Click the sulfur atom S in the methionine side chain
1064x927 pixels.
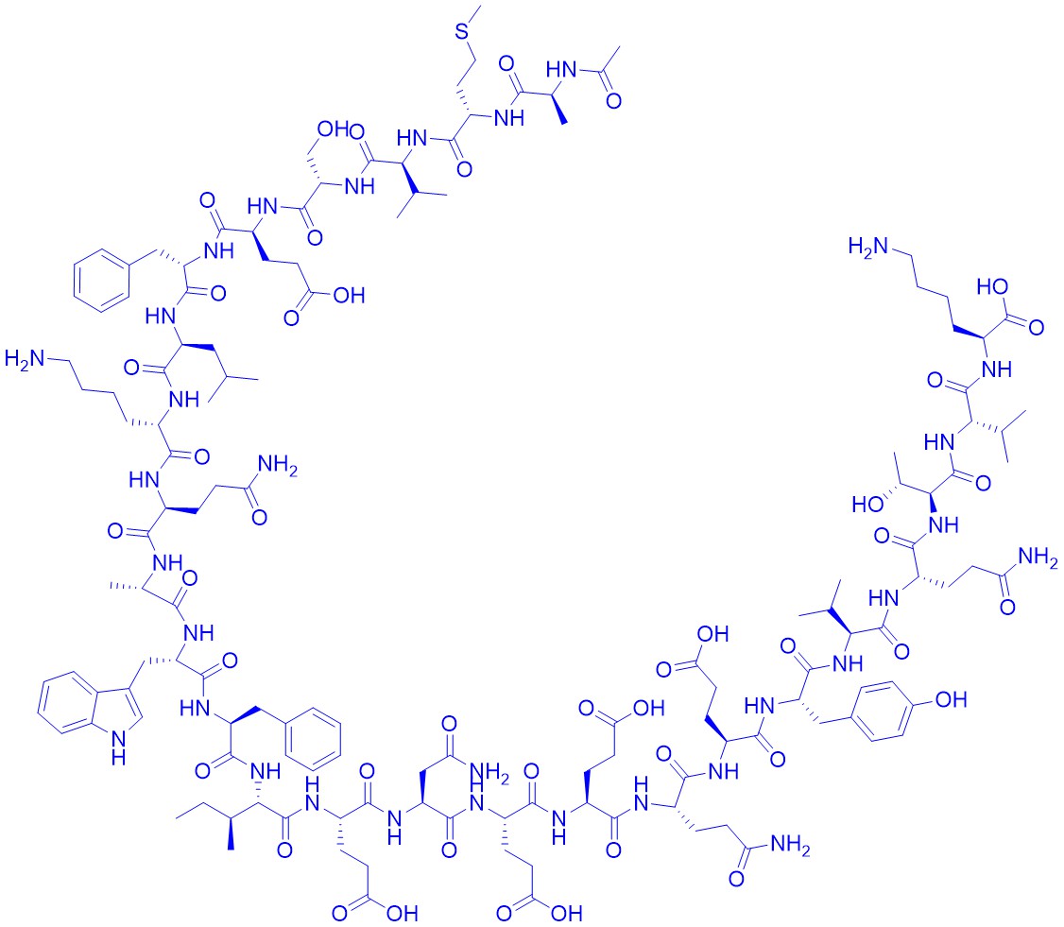(463, 30)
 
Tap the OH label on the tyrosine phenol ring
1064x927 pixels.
(951, 699)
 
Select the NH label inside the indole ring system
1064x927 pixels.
(118, 747)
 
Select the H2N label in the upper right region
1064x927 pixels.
(867, 247)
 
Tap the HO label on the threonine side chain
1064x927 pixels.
(867, 505)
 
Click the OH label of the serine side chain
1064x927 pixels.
(334, 129)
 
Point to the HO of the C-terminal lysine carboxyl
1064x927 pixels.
(993, 287)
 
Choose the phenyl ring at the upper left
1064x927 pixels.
(101, 281)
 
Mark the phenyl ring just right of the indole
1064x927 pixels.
(313, 740)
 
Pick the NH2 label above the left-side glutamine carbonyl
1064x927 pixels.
(278, 466)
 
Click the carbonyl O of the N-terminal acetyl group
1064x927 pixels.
(613, 101)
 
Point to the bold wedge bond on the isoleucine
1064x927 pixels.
(231, 834)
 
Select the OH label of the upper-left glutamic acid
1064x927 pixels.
(349, 295)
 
